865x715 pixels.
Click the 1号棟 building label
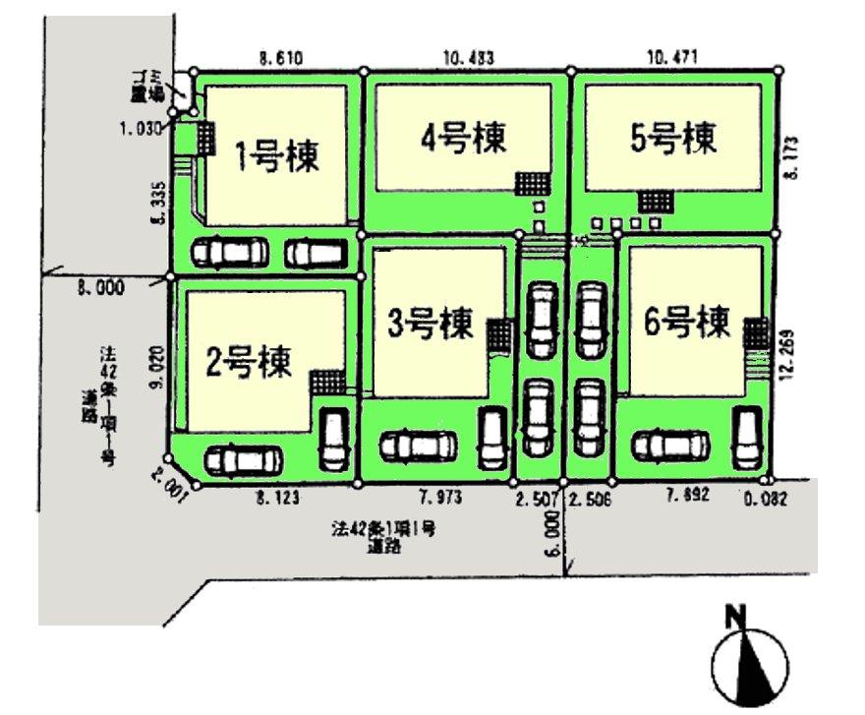pyautogui.click(x=276, y=154)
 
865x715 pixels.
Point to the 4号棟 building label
pyautogui.click(x=463, y=138)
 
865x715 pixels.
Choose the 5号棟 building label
pyautogui.click(x=674, y=138)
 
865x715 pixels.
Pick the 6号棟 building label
pyautogui.click(x=687, y=321)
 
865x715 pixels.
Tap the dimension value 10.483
pyautogui.click(x=468, y=58)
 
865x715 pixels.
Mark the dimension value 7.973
pyautogui.click(x=438, y=499)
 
